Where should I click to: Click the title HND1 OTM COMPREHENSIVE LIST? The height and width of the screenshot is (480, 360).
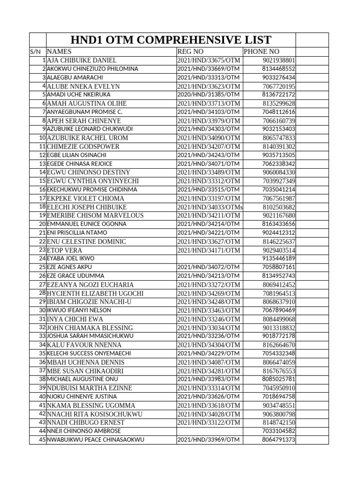[170, 40]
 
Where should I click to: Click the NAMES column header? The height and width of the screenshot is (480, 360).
[60, 52]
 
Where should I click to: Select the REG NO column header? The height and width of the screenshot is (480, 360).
[191, 52]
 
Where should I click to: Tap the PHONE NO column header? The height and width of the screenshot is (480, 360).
[261, 52]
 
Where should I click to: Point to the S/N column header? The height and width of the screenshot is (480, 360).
[37, 52]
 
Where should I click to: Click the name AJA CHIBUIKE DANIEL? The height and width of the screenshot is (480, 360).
[82, 60]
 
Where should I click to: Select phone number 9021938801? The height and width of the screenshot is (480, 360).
[279, 60]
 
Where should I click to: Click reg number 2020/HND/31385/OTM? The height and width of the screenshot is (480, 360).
[209, 95]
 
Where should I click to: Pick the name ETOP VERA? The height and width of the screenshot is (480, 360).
[64, 250]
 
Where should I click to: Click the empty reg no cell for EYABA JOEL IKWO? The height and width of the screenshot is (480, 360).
[209, 259]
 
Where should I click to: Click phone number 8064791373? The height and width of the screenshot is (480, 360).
[279, 440]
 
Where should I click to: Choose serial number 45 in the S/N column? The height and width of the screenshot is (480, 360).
[42, 440]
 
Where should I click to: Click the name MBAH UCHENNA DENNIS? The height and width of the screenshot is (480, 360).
[85, 362]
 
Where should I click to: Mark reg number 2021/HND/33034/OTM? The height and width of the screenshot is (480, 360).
[209, 328]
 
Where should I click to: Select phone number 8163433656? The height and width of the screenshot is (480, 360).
[279, 224]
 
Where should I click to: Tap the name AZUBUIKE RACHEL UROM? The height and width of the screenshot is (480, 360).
[87, 138]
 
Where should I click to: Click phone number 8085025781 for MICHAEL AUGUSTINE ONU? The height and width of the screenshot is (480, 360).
[279, 379]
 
